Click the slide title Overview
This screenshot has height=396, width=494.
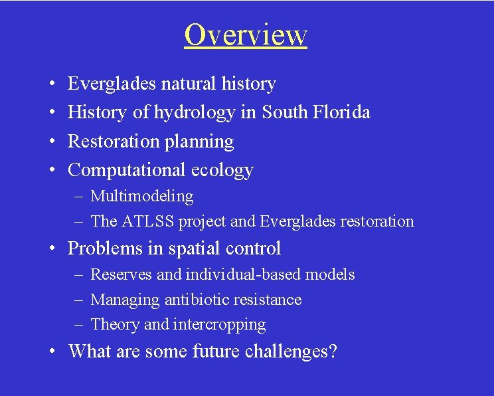coord(246,35)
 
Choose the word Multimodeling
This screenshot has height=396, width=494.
coord(141,196)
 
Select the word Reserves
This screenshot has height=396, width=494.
coord(116,274)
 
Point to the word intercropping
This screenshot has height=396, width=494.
coord(219,325)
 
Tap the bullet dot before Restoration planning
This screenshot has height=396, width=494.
coord(52,142)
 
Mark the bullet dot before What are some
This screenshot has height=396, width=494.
coord(52,351)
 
